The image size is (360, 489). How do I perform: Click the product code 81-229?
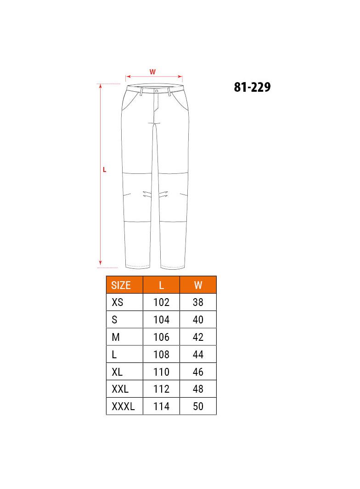252,87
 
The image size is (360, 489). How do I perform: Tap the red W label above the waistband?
152,72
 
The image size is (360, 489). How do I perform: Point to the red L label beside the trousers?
104,169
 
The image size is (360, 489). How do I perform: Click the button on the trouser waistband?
157,91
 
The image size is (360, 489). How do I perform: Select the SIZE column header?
121,285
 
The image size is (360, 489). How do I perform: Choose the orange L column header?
161,285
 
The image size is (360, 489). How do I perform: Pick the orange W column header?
198,285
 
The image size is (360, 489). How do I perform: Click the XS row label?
118,302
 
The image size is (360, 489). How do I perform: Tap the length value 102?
161,302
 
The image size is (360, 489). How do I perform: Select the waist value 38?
198,302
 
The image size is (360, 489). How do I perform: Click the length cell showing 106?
161,337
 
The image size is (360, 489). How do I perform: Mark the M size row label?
116,337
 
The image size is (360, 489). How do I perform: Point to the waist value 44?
198,355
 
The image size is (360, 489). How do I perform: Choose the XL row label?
118,372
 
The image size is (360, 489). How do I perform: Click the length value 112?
161,389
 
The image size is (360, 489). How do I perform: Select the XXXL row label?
123,406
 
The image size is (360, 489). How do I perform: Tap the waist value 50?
198,406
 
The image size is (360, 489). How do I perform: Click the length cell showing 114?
161,406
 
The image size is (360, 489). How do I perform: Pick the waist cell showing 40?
198,320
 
